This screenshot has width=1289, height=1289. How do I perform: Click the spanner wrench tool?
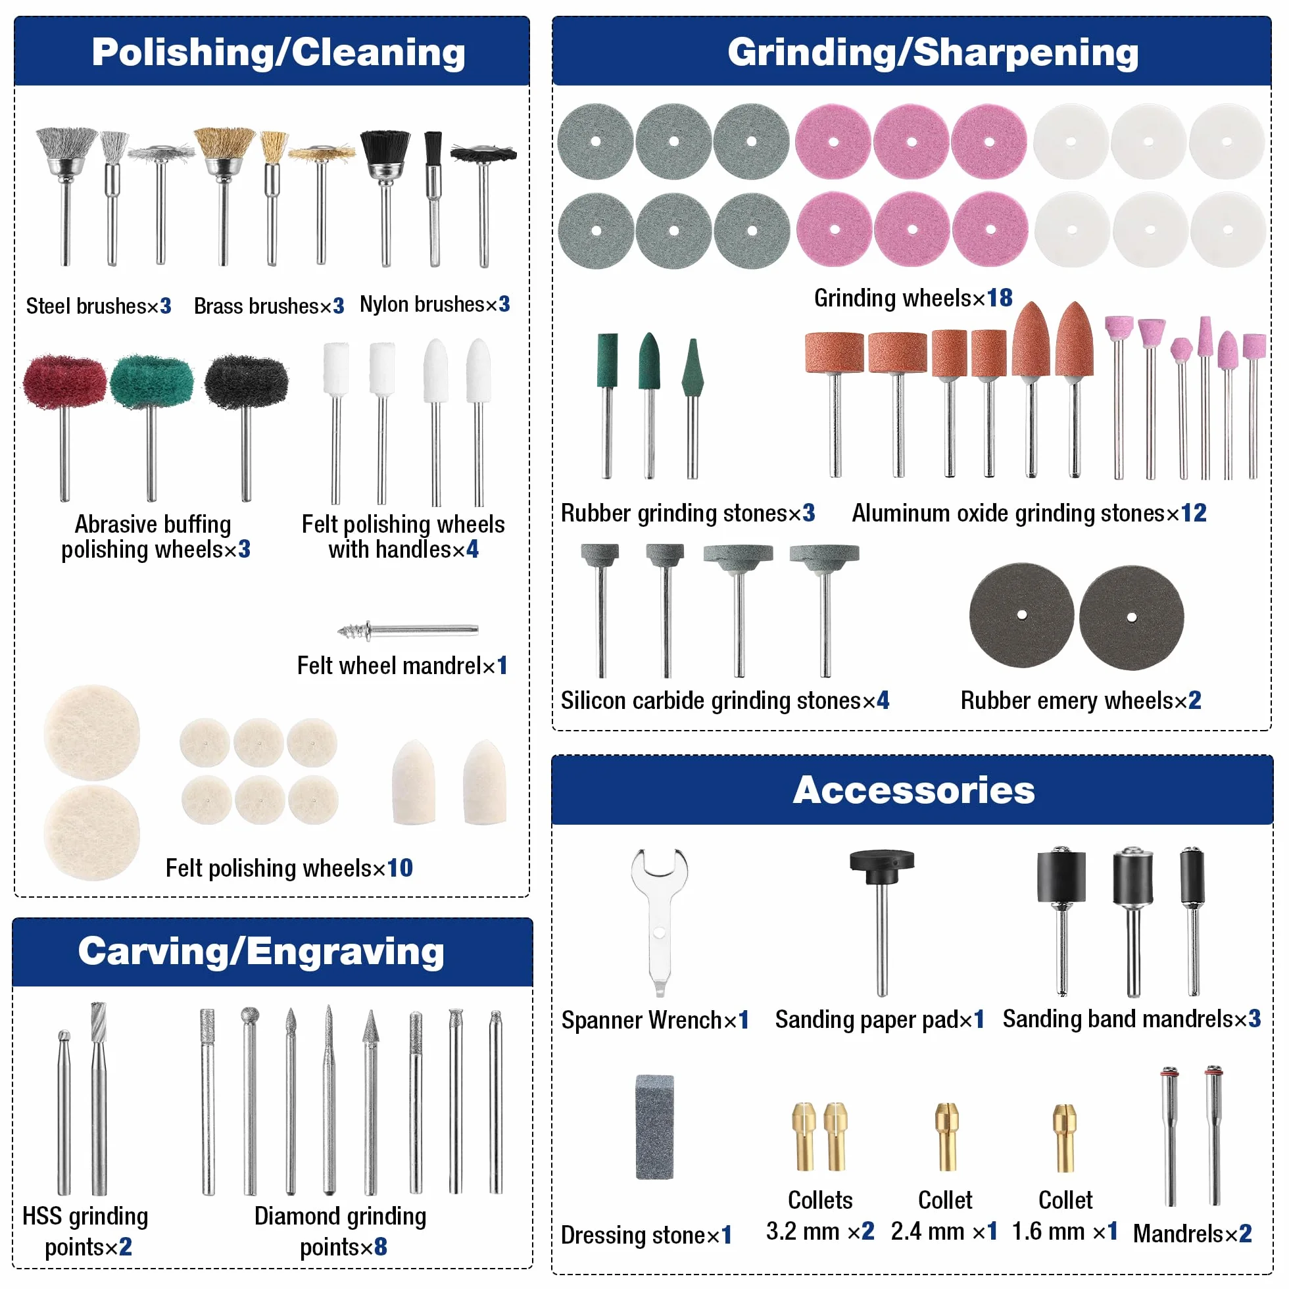click(658, 921)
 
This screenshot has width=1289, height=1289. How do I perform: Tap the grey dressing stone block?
click(654, 1127)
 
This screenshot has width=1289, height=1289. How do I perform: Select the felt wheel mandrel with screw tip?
click(408, 630)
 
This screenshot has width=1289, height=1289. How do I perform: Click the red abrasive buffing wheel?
click(64, 427)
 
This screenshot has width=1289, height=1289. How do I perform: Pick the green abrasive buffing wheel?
click(151, 427)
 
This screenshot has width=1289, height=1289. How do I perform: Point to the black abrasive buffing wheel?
click(246, 427)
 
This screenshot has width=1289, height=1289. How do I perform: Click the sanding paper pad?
click(881, 922)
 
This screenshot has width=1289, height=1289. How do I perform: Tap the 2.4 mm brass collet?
click(946, 1137)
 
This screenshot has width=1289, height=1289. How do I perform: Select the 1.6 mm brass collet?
click(1065, 1138)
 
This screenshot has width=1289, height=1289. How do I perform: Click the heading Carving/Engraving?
click(261, 951)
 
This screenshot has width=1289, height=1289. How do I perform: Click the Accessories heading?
click(913, 790)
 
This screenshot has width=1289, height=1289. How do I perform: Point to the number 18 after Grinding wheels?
click(1000, 297)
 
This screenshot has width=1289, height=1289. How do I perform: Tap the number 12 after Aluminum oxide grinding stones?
click(1194, 512)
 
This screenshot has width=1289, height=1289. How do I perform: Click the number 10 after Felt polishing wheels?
click(400, 867)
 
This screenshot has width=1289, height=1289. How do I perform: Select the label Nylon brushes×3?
click(435, 304)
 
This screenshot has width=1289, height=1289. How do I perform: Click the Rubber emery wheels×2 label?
click(1081, 700)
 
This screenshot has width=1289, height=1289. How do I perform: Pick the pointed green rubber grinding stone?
click(693, 408)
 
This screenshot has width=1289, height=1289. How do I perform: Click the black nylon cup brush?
click(385, 197)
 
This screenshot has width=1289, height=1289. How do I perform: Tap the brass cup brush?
click(224, 196)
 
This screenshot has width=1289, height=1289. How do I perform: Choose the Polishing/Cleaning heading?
click(278, 52)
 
